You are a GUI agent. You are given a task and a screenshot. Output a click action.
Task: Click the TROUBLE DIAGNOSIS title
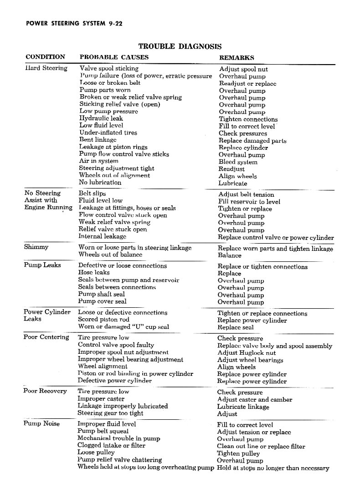pyautogui.click(x=180, y=46)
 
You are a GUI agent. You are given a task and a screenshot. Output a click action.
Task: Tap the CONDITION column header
pyautogui.click(x=45, y=57)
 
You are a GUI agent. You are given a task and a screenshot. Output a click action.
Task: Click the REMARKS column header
pyautogui.click(x=237, y=58)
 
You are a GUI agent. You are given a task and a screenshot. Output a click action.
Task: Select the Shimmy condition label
pyautogui.click(x=36, y=247)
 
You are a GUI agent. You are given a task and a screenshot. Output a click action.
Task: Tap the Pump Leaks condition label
pyautogui.click(x=42, y=265)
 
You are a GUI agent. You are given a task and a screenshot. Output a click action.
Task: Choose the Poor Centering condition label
pyautogui.click(x=46, y=337)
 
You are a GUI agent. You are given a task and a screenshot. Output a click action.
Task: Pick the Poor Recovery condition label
pyautogui.click(x=45, y=391)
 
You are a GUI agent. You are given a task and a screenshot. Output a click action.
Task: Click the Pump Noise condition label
pyautogui.click(x=42, y=423)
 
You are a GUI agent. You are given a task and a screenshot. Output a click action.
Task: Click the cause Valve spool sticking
pyautogui.click(x=109, y=68)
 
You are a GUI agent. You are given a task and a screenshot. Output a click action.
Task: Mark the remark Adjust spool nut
pyautogui.click(x=243, y=70)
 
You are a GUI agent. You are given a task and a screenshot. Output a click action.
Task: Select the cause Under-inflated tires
pyautogui.click(x=108, y=132)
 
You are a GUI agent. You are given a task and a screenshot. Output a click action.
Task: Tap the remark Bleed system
pyautogui.click(x=238, y=162)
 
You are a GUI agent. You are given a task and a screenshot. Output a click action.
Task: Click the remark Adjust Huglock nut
pyautogui.click(x=246, y=353)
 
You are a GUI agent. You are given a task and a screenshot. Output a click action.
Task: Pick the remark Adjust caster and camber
pyautogui.click(x=254, y=400)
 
